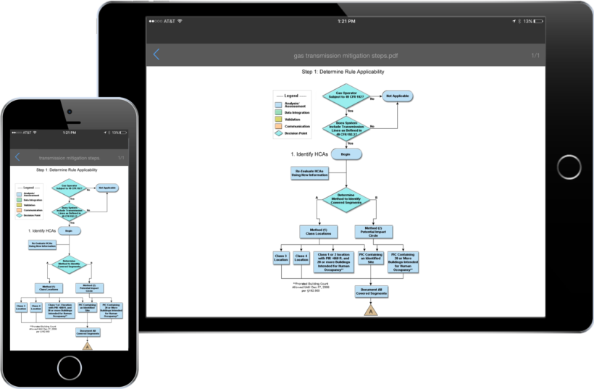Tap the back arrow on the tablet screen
[156, 54]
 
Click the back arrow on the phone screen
[17, 157]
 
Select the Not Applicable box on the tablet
[397, 96]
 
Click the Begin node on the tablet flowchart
[346, 154]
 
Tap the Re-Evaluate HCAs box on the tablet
[306, 174]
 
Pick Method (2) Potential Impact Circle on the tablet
[374, 232]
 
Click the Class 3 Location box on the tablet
[281, 259]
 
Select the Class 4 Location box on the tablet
[301, 259]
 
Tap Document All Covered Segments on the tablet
[370, 291]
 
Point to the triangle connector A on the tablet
[370, 310]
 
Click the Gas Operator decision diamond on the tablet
[346, 96]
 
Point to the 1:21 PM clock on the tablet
[346, 22]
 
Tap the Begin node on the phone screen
[70, 231]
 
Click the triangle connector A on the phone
[87, 346]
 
